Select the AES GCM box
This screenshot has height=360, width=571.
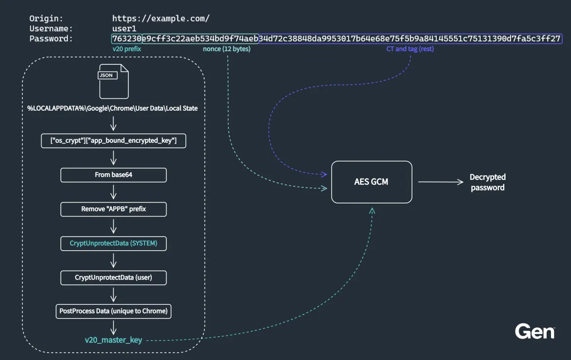[x=372, y=182]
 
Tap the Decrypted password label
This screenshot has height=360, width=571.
[x=488, y=182]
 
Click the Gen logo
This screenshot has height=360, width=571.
[x=534, y=332]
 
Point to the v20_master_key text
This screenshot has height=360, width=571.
[x=113, y=340]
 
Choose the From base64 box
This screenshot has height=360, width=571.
[x=113, y=175]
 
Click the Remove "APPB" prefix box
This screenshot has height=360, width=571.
[x=113, y=209]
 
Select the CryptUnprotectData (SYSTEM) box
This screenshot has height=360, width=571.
[x=113, y=243]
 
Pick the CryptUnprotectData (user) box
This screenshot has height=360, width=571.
[x=113, y=278]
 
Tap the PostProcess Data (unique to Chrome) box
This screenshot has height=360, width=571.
[x=113, y=311]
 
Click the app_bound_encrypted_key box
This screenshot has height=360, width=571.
[x=113, y=140]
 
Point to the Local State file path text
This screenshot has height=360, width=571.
[x=113, y=108]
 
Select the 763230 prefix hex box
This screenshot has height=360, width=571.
[x=126, y=39]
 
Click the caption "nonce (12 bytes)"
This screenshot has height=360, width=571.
[x=226, y=49]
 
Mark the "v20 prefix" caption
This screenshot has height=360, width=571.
[x=127, y=49]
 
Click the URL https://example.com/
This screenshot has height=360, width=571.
[x=161, y=19]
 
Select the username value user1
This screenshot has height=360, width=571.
[x=124, y=28]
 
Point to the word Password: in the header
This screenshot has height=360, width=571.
[x=51, y=39]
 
